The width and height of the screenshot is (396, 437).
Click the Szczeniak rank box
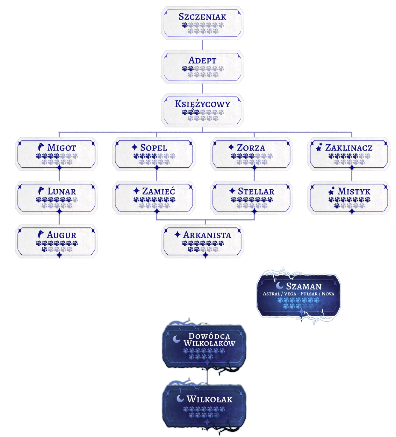202,23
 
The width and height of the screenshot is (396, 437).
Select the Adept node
202,66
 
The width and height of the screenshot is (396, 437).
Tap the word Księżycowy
202,104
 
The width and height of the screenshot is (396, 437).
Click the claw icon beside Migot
41,147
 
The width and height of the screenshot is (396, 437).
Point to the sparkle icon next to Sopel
134,147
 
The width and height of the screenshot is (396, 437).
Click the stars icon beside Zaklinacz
319,147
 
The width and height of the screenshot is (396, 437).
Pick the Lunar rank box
56,197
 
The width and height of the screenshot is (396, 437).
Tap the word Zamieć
158,191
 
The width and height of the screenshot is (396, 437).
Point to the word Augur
62,235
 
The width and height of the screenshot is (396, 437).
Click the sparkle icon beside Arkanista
177,235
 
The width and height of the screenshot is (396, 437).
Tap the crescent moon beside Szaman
280,286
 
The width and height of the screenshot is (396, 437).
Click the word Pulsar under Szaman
309,294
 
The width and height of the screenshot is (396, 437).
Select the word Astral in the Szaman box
271,294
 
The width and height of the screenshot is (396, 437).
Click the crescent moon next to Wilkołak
180,399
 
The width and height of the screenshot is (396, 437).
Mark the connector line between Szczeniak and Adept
202,45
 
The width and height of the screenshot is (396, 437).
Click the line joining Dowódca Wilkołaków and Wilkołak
207,376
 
